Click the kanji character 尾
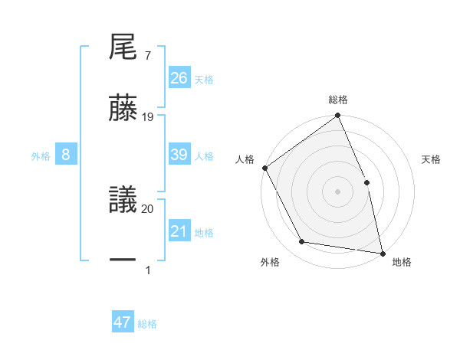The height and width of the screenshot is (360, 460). point(123,49)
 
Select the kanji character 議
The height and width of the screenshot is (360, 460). point(123,201)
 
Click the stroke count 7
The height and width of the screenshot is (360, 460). point(147,56)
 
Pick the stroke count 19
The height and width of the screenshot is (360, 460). point(148,117)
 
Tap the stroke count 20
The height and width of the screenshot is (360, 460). point(148,208)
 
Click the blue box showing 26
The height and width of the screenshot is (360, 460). point(179,78)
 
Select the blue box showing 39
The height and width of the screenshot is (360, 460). point(179,155)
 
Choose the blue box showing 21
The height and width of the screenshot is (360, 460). point(179,231)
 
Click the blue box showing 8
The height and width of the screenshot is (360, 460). point(66,155)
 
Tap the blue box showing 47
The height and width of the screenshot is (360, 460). point(123,322)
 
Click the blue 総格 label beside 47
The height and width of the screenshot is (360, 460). point(147,324)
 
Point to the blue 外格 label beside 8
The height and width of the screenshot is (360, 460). point(41,156)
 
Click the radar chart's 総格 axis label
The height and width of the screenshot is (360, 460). point(338,100)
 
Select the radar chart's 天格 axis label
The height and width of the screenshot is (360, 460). point(432,159)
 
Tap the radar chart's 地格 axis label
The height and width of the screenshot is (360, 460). point(402,262)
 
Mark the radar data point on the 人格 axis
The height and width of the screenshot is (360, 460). point(265,168)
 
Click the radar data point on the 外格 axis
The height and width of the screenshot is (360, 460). point(302,242)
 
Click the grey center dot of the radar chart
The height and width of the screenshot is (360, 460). point(337,191)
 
